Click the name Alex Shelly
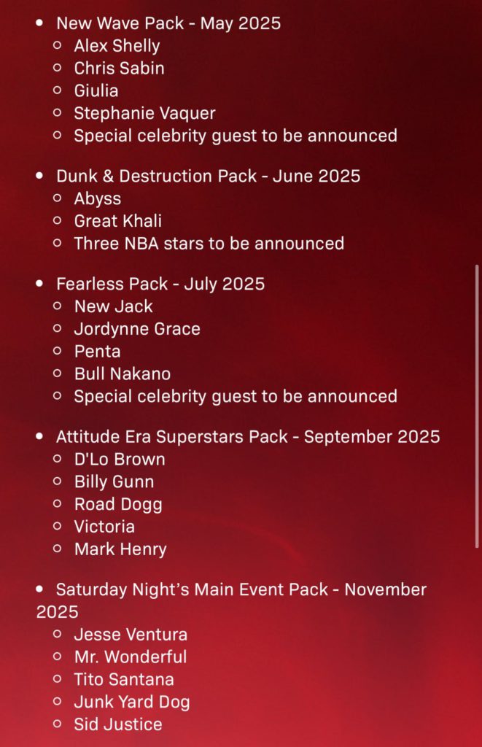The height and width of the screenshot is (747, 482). click(x=117, y=46)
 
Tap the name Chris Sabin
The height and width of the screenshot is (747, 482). click(x=120, y=68)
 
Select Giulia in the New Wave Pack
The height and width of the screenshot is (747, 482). click(x=96, y=91)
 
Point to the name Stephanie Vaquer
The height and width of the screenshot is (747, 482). click(x=145, y=113)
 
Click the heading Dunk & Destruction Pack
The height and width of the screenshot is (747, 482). click(x=157, y=176)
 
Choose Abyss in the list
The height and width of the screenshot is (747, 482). click(x=98, y=199)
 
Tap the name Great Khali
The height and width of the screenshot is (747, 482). click(x=118, y=221)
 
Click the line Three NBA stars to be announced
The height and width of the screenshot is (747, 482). click(x=209, y=244)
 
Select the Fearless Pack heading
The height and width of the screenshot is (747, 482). click(x=112, y=284)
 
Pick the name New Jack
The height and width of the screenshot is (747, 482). click(x=114, y=306)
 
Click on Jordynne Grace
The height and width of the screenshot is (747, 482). click(x=137, y=329)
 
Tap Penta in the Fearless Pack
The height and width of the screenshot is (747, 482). click(x=98, y=352)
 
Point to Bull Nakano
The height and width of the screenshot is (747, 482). click(x=123, y=374)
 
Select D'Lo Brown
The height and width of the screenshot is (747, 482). click(x=120, y=460)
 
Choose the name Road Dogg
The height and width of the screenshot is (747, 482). click(x=119, y=505)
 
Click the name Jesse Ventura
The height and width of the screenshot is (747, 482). click(x=131, y=635)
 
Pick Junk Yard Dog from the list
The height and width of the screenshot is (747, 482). click(x=133, y=703)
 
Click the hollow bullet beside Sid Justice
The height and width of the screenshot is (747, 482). click(x=58, y=724)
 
